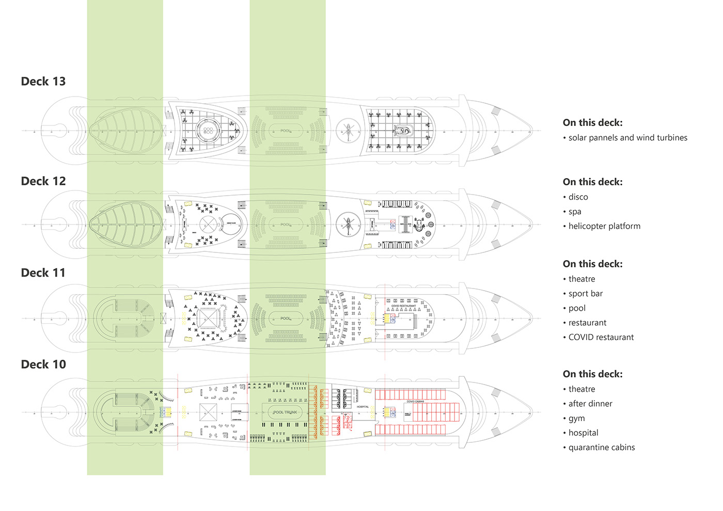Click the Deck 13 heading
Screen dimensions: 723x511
pyautogui.click(x=43, y=82)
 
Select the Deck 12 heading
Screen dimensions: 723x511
pyautogui.click(x=43, y=181)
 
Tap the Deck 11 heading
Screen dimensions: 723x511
pyautogui.click(x=43, y=273)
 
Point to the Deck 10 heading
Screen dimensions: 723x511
pyautogui.click(x=43, y=364)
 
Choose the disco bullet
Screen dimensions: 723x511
pyautogui.click(x=578, y=197)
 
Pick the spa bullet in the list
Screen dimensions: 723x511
pyautogui.click(x=575, y=212)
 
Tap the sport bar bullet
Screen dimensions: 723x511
pyautogui.click(x=585, y=294)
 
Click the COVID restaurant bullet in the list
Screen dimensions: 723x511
pyautogui.click(x=601, y=338)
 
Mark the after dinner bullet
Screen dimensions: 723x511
pyautogui.click(x=590, y=404)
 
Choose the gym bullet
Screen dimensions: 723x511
pyautogui.click(x=576, y=419)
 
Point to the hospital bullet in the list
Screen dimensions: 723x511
pyautogui.click(x=583, y=433)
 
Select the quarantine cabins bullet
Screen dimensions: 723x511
pyautogui.click(x=601, y=448)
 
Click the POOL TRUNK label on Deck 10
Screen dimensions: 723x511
pyautogui.click(x=285, y=412)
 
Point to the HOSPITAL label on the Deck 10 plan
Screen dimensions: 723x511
pyautogui.click(x=363, y=407)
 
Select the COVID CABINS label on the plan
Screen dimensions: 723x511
pyautogui.click(x=415, y=402)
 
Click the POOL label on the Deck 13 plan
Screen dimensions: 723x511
pyautogui.click(x=286, y=131)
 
